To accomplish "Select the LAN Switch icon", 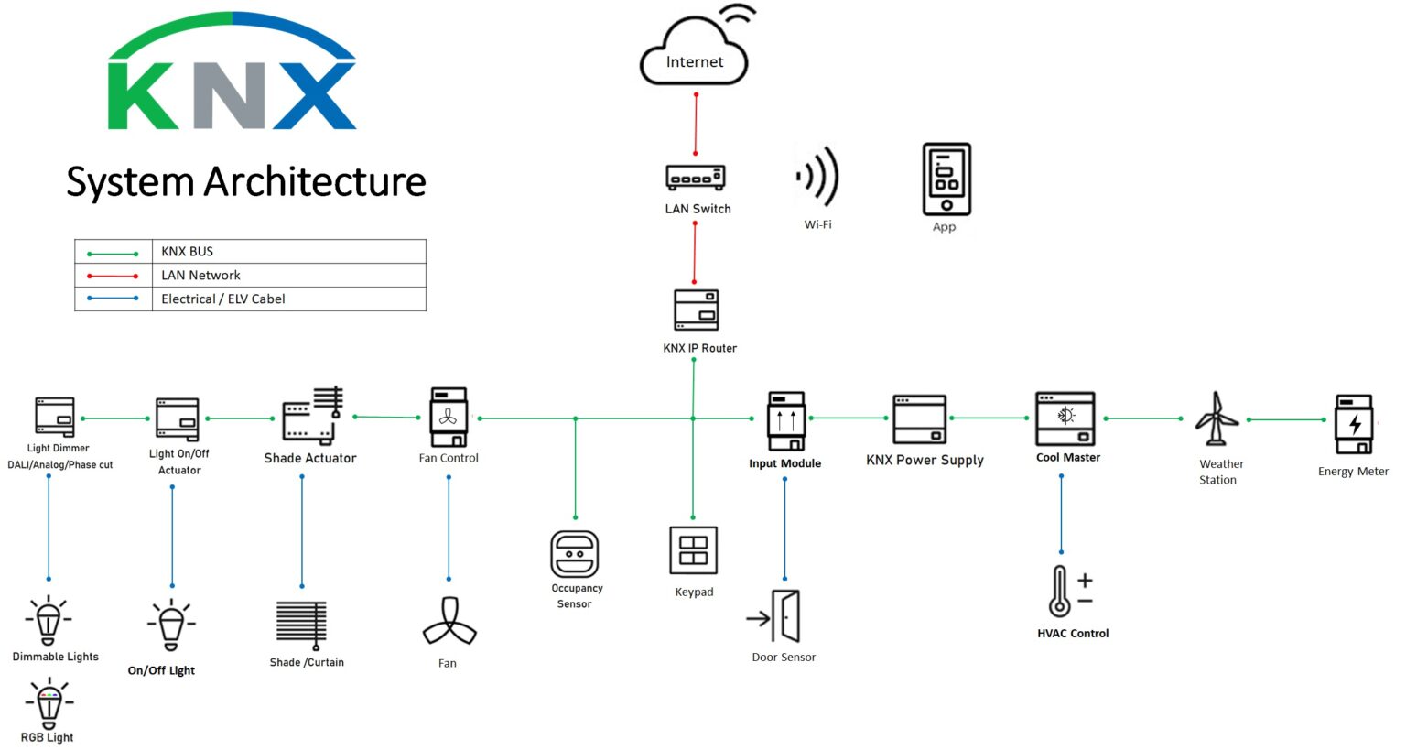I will pos(696,177).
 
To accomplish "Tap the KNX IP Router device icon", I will pos(696,310).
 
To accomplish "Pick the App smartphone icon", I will pos(946,179).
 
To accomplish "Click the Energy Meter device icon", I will pos(1354,424).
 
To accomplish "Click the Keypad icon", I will pos(693,550).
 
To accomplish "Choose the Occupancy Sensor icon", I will pos(574,554).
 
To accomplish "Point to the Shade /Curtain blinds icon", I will pos(302,625).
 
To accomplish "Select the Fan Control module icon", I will pos(449,418).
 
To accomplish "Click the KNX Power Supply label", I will pos(925,460).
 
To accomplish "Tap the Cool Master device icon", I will pos(1065,418).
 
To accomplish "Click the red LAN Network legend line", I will pos(113,276).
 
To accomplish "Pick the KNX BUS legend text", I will pos(187,251).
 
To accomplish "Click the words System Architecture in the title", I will pos(245,181).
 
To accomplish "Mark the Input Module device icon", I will pos(785,421).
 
